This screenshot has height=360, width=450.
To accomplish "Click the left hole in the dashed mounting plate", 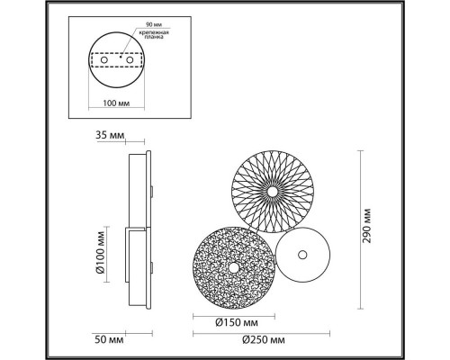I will coord(100,58).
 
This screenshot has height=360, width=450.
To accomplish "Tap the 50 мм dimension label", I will coord(108,340).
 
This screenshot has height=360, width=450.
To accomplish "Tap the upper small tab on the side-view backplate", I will coord(154,191).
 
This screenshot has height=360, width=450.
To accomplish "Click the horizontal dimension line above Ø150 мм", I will coord(233,314).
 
